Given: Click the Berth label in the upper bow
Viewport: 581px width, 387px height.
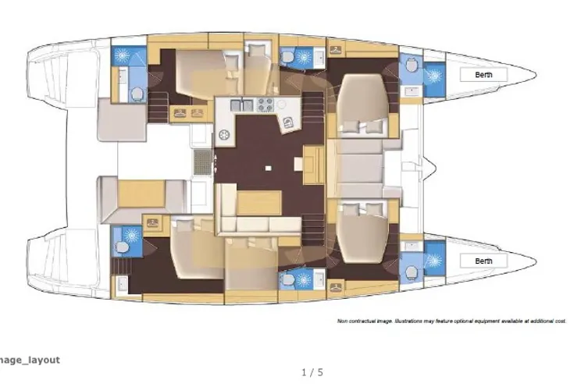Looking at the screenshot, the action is click(483, 75).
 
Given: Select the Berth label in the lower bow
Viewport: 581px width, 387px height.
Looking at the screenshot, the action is click(483, 261).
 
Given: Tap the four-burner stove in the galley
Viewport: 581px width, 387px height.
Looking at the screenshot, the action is click(266, 105).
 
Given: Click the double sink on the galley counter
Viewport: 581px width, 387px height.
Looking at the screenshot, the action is click(242, 105).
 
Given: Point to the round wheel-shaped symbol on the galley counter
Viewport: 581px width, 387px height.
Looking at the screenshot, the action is click(224, 135).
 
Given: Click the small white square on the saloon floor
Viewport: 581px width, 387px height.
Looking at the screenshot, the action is click(269, 169).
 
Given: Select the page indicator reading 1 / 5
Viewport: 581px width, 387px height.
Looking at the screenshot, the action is click(312, 372).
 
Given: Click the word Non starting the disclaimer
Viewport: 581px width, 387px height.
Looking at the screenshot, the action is click(341, 321).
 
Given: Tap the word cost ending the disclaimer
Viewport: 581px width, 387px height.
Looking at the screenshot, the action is click(560, 321).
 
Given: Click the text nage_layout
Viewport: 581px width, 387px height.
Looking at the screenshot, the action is click(30, 360).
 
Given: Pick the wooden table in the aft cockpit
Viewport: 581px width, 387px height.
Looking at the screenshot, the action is click(141, 194).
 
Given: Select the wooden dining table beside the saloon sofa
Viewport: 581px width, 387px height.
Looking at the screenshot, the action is click(259, 203).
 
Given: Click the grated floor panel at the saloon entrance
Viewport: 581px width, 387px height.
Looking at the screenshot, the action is click(203, 162).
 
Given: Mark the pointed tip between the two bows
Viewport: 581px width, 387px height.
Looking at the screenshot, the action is click(436, 169).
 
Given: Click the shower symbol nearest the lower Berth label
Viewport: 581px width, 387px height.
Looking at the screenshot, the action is click(434, 261).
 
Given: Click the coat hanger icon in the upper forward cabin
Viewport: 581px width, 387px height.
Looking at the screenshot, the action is click(336, 49).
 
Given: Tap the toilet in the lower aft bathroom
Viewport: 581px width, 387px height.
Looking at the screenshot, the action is click(122, 247).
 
